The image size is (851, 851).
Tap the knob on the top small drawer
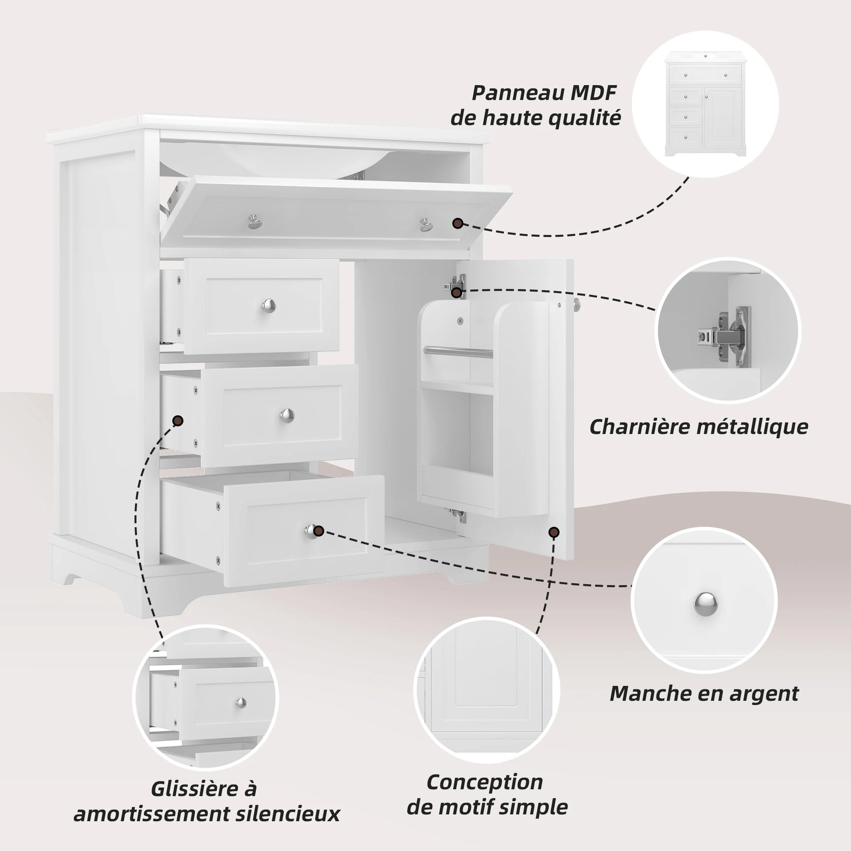[x=269, y=305]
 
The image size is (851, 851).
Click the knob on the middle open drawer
[x=287, y=415]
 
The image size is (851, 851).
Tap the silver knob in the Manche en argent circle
[x=705, y=603]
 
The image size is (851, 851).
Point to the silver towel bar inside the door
[x=458, y=351]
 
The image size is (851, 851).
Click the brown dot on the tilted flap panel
[x=458, y=223]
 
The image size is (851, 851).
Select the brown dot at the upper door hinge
[x=457, y=292]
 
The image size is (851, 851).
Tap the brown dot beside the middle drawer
[x=178, y=421]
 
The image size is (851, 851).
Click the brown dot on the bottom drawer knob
[x=319, y=531]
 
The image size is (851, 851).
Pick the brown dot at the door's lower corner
[x=554, y=532]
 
